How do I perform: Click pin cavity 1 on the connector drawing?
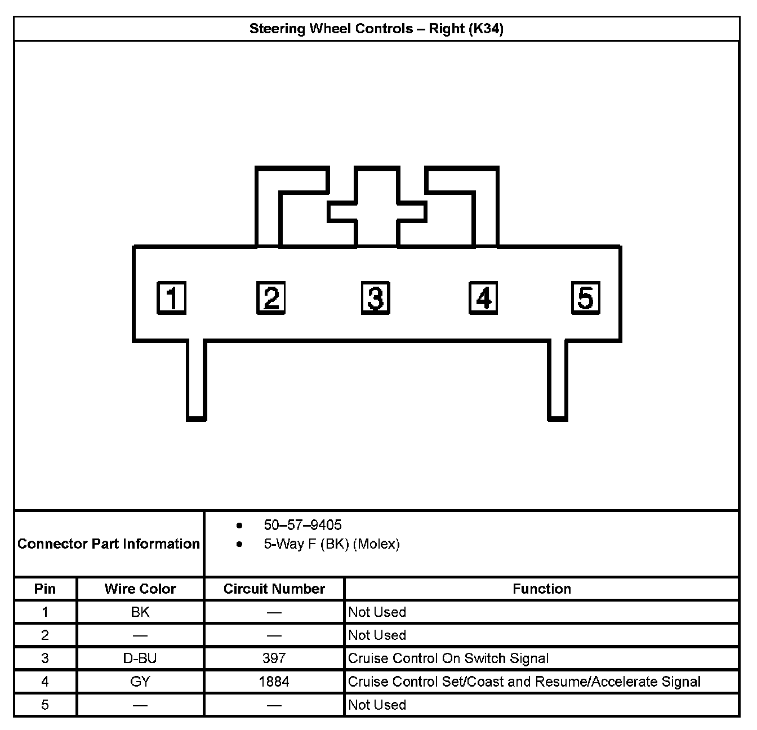pyautogui.click(x=171, y=298)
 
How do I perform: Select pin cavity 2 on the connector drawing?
pyautogui.click(x=271, y=297)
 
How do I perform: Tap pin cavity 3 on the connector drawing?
pyautogui.click(x=375, y=297)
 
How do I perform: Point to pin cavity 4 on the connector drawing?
pyautogui.click(x=483, y=297)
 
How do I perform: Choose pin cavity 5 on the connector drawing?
pyautogui.click(x=586, y=297)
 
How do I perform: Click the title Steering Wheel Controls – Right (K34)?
pyautogui.click(x=376, y=29)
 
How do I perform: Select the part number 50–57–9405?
pyautogui.click(x=302, y=525)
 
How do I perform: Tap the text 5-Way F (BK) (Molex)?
pyautogui.click(x=332, y=544)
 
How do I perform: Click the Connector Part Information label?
pyautogui.click(x=109, y=544)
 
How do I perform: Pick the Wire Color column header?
pyautogui.click(x=140, y=589)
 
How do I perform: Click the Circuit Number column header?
pyautogui.click(x=274, y=589)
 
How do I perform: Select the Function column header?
pyautogui.click(x=542, y=589)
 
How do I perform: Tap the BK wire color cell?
pyautogui.click(x=140, y=612)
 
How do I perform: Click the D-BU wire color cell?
pyautogui.click(x=140, y=658)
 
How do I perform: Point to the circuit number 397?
pyautogui.click(x=274, y=658)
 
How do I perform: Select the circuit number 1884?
pyautogui.click(x=274, y=682)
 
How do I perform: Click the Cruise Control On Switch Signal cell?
pyautogui.click(x=448, y=658)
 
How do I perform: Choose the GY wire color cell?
pyautogui.click(x=140, y=682)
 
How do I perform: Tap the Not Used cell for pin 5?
pyautogui.click(x=377, y=705)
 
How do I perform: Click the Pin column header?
pyautogui.click(x=45, y=589)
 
